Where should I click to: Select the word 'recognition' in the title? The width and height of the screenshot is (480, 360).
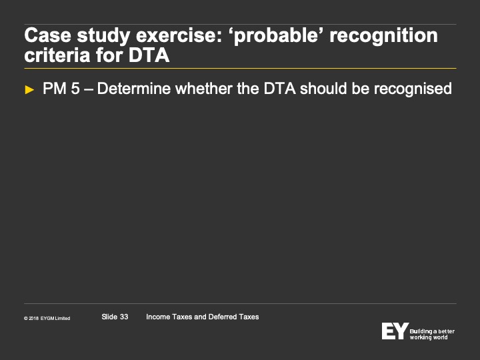click(x=383, y=35)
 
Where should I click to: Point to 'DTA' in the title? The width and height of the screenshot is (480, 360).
click(x=149, y=55)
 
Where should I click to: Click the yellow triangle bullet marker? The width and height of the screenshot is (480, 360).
click(x=29, y=90)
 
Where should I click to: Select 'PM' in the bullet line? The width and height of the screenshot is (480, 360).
click(x=55, y=89)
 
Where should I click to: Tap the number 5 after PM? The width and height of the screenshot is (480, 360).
click(x=75, y=89)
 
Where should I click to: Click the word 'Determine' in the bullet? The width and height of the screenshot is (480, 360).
click(x=134, y=89)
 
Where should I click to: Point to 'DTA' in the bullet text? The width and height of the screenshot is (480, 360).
click(x=280, y=89)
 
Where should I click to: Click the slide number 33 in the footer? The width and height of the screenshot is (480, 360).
click(x=124, y=317)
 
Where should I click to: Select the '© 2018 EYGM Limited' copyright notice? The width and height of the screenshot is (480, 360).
click(x=47, y=319)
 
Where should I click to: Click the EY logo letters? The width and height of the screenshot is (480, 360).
click(x=395, y=331)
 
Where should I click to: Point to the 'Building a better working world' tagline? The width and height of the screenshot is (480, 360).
click(x=432, y=334)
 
